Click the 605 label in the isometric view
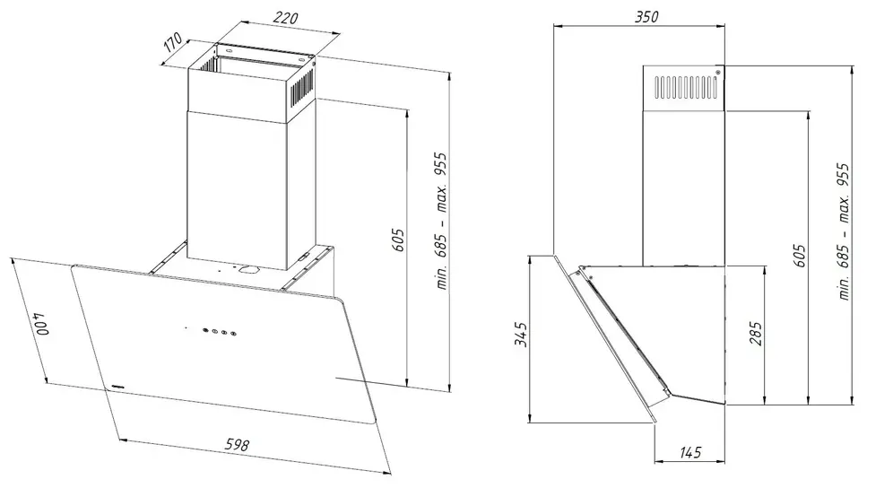coord(400,240)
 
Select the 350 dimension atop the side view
coord(646,17)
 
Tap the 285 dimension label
coord(756,335)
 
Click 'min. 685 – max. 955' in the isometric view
coord(440,232)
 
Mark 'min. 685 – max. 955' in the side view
coord(842,231)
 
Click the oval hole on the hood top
coord(247,268)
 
